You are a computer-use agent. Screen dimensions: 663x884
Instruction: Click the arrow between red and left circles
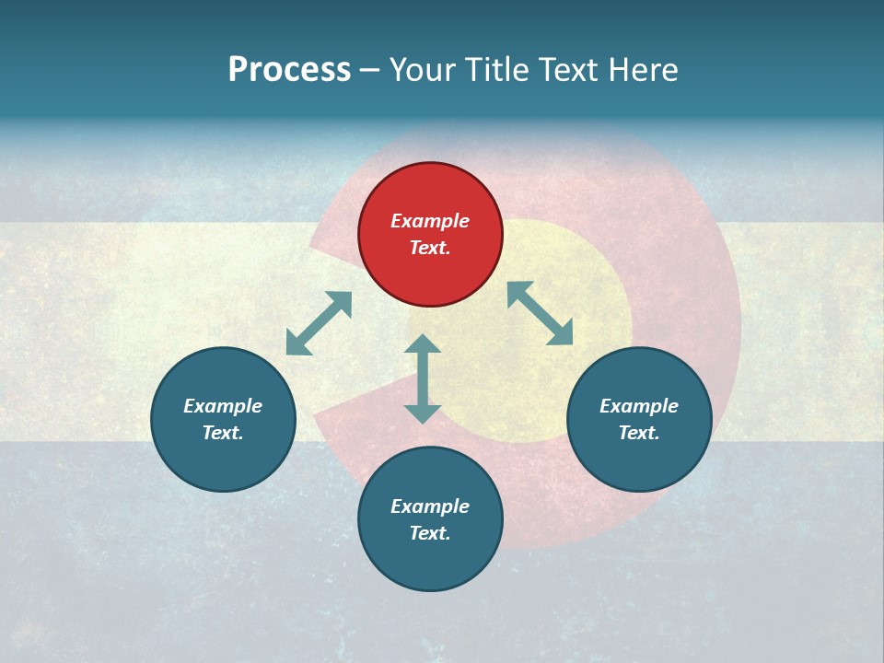tap(319, 323)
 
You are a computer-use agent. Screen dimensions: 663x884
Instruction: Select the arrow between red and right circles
tap(541, 313)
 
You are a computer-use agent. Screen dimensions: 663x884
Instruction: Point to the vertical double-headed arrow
tap(423, 378)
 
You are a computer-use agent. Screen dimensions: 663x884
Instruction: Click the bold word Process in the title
tap(289, 70)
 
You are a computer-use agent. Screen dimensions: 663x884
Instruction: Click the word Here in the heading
tap(645, 70)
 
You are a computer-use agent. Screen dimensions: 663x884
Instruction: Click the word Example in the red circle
tap(430, 221)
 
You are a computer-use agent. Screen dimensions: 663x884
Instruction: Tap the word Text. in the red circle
tap(430, 248)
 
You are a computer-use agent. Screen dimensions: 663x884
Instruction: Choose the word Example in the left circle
tap(223, 406)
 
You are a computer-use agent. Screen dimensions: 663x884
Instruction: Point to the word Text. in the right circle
tap(639, 433)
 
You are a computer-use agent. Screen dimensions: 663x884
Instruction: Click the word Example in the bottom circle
tap(430, 506)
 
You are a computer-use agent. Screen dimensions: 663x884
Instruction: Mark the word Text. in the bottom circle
tap(430, 533)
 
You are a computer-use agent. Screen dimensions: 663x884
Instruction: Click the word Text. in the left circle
tap(223, 433)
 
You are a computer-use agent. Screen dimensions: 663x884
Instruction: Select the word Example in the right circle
tap(639, 406)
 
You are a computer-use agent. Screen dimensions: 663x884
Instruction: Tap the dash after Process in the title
tap(370, 70)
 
